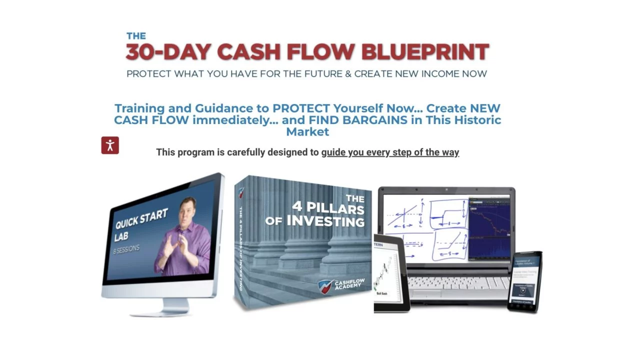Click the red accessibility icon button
point(110,145)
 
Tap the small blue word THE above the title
point(136,36)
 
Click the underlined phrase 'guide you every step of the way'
point(390,152)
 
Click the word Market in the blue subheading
point(307,132)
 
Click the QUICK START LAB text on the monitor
point(140,223)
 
